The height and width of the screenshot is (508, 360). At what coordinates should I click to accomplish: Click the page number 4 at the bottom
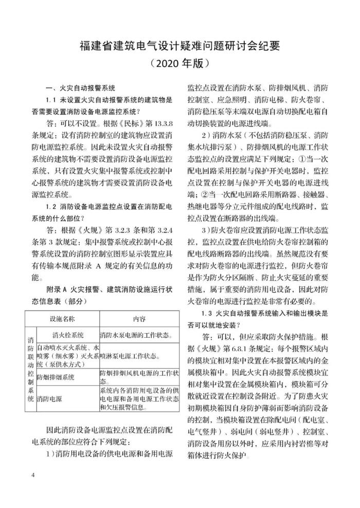32,474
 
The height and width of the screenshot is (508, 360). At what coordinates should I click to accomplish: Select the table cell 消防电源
47,398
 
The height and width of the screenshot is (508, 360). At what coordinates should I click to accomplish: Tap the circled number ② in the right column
201,195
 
